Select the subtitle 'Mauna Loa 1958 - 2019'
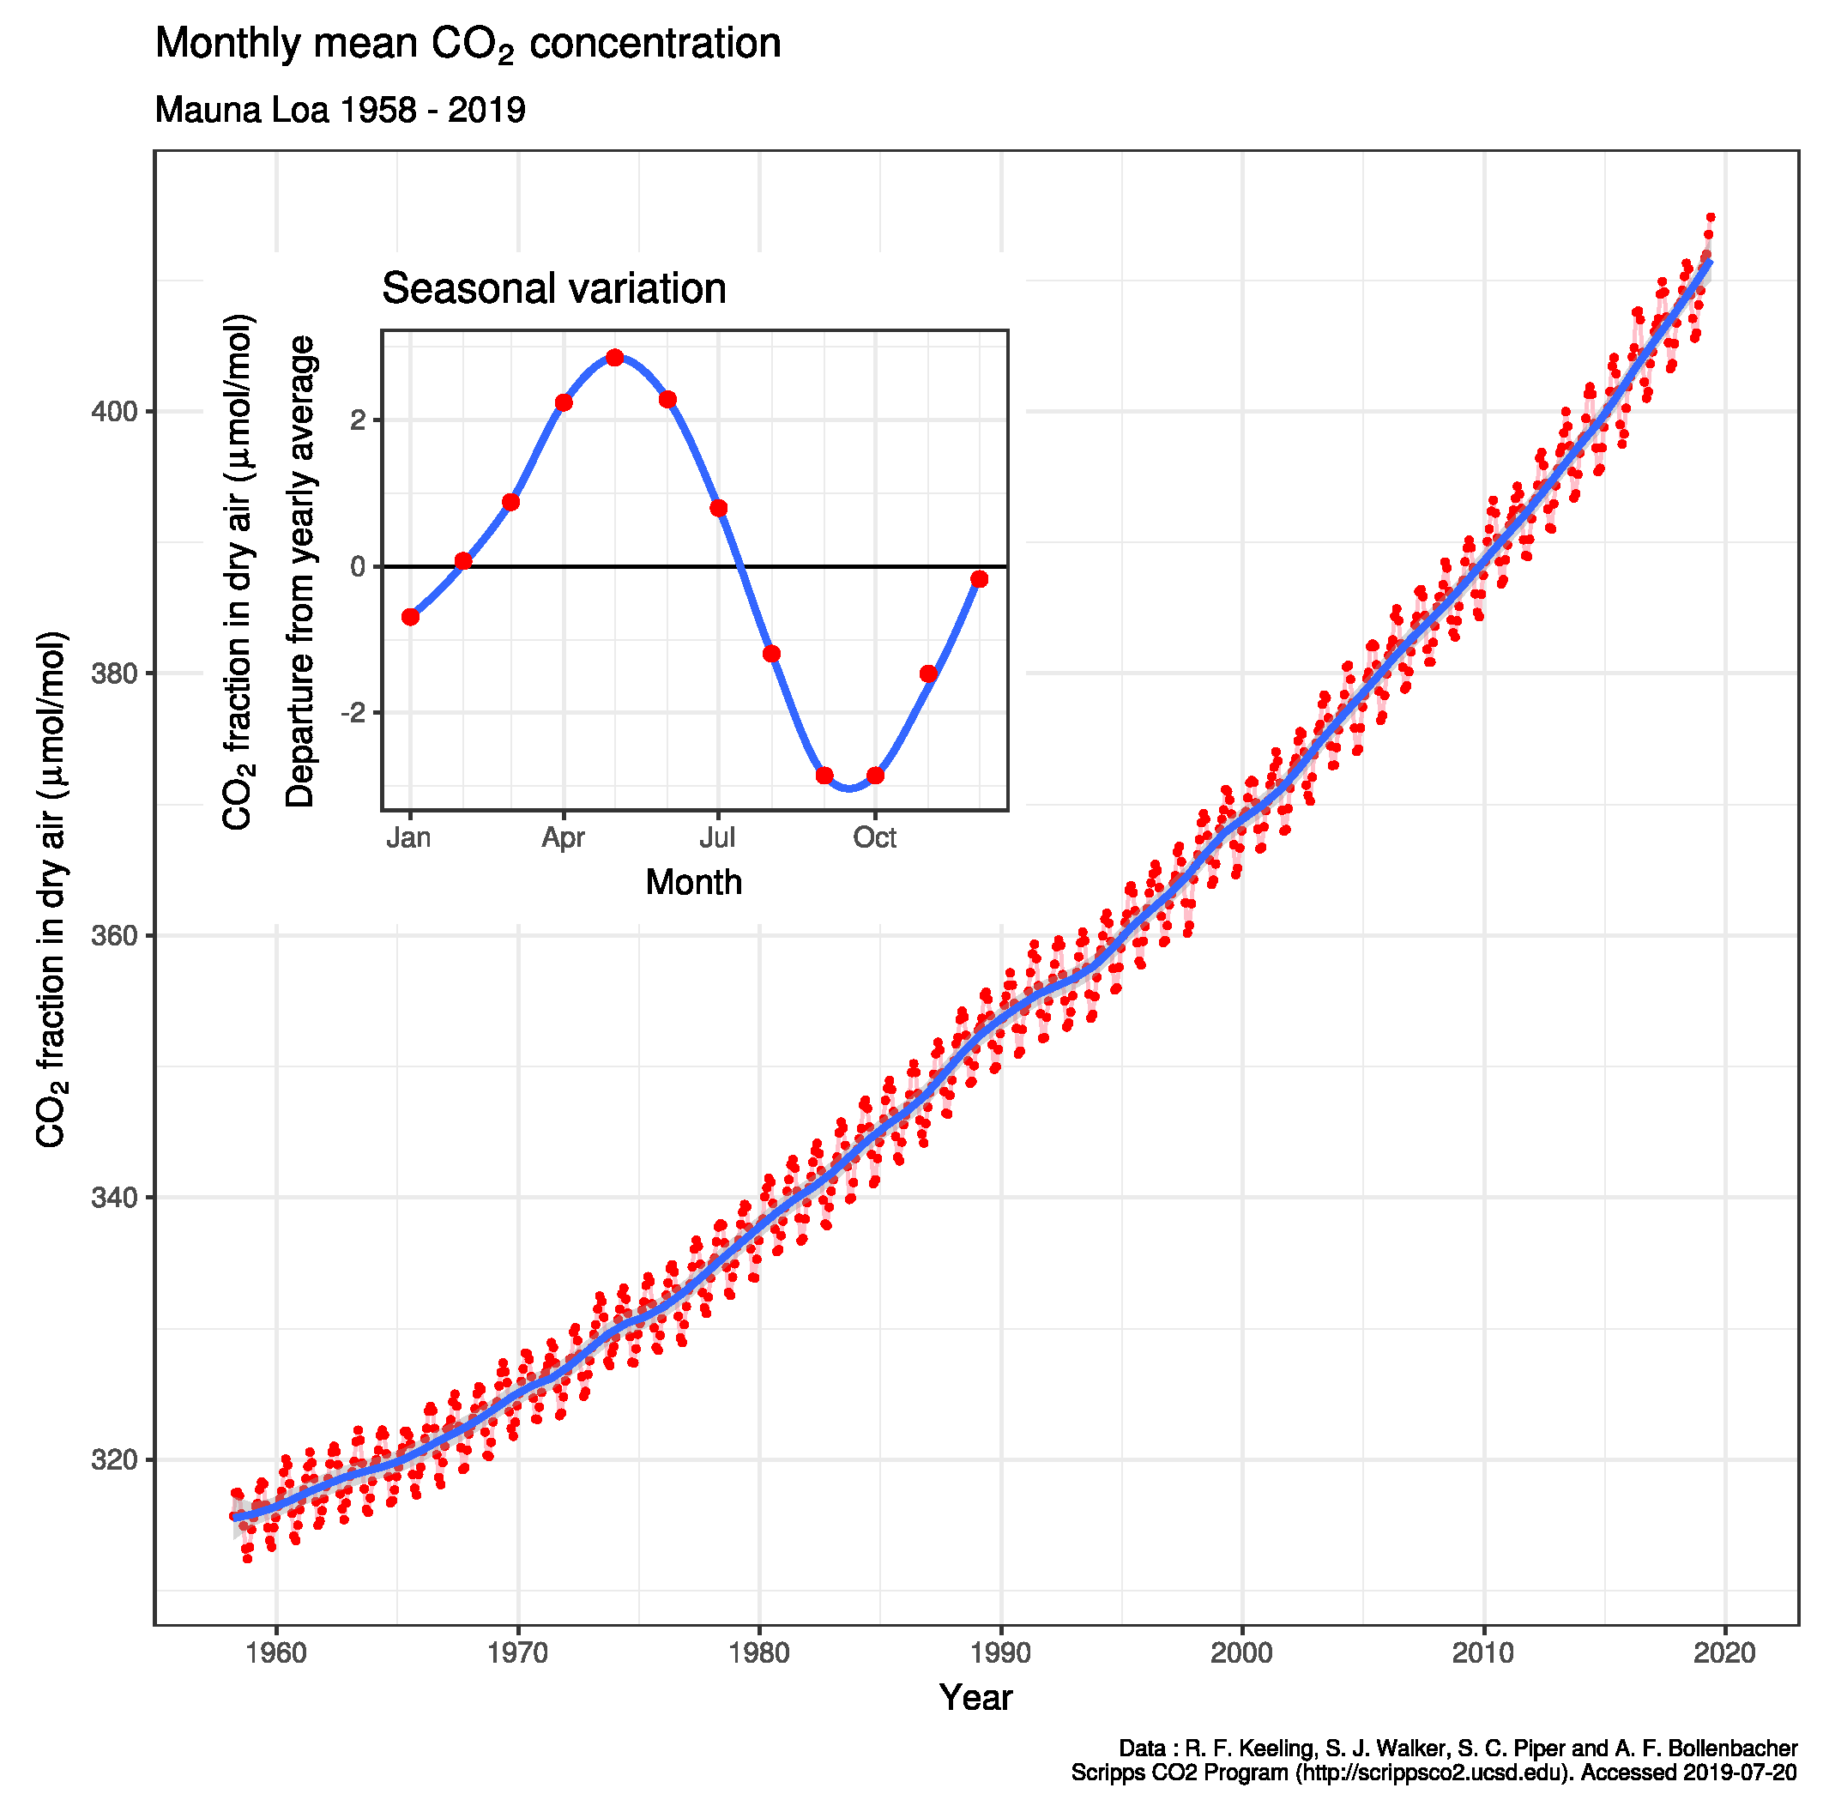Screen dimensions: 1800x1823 pos(340,111)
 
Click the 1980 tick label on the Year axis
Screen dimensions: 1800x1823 pos(759,1652)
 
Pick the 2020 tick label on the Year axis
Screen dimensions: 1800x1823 pos(1725,1652)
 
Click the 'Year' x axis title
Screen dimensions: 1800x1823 pos(975,1698)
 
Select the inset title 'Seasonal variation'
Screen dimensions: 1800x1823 pos(554,289)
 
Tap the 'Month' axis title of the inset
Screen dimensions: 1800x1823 pos(693,883)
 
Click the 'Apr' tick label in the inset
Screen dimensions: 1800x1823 pos(564,838)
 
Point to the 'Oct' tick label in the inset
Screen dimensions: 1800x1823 pos(875,838)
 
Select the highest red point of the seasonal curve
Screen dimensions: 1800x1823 pos(615,358)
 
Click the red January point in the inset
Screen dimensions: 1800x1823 pos(410,616)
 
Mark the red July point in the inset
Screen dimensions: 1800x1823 pos(718,509)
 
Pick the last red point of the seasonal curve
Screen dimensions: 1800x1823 pos(980,578)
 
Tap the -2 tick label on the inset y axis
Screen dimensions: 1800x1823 pos(353,714)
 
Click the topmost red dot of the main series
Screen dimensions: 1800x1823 pos(1710,217)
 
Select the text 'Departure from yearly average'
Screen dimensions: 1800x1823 pos(300,571)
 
